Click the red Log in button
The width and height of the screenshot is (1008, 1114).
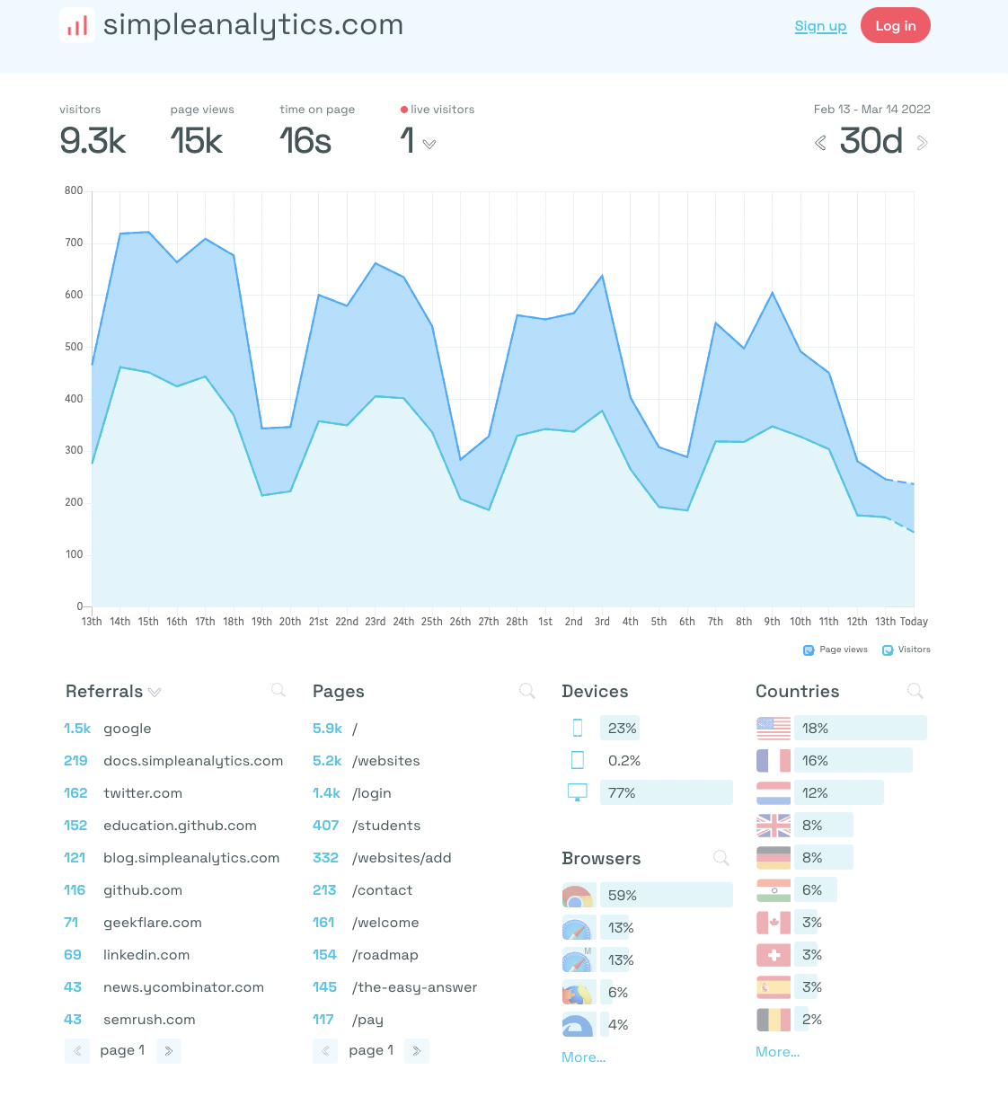pos(895,25)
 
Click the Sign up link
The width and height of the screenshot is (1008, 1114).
pos(820,26)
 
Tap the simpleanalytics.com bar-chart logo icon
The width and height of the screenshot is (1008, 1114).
pos(77,25)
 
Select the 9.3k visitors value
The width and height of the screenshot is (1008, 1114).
pos(93,141)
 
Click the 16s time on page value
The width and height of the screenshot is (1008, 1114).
pos(305,141)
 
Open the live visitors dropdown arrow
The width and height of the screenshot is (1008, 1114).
pos(429,144)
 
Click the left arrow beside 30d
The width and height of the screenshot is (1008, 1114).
pos(820,143)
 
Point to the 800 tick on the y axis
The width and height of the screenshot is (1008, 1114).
pos(74,190)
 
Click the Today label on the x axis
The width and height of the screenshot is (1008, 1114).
pos(914,622)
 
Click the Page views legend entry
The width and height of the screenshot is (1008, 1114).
pos(836,650)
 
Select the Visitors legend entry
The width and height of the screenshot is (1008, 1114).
pos(906,650)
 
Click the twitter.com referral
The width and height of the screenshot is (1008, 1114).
pos(143,793)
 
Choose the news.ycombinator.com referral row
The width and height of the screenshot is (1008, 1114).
pos(183,987)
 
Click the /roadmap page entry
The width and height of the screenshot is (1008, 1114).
pos(385,955)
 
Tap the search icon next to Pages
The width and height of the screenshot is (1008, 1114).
pos(527,691)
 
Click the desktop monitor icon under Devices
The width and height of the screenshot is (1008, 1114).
pos(578,792)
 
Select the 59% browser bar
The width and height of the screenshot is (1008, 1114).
pos(666,895)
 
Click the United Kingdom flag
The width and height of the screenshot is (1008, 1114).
pos(774,826)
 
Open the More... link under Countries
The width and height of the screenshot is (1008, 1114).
pos(777,1052)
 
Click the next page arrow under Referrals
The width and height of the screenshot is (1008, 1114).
pos(169,1050)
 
